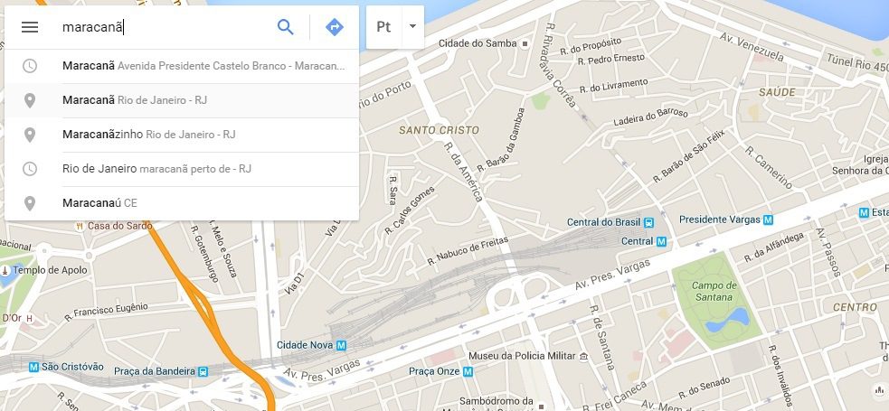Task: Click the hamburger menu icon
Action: (30, 27)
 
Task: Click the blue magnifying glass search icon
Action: (286, 27)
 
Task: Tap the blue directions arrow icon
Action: (335, 27)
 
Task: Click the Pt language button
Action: (383, 27)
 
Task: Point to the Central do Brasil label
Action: (602, 222)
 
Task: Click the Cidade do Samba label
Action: (477, 43)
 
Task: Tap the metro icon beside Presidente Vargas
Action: (768, 220)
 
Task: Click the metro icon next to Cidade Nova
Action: (341, 345)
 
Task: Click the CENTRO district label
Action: (855, 307)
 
